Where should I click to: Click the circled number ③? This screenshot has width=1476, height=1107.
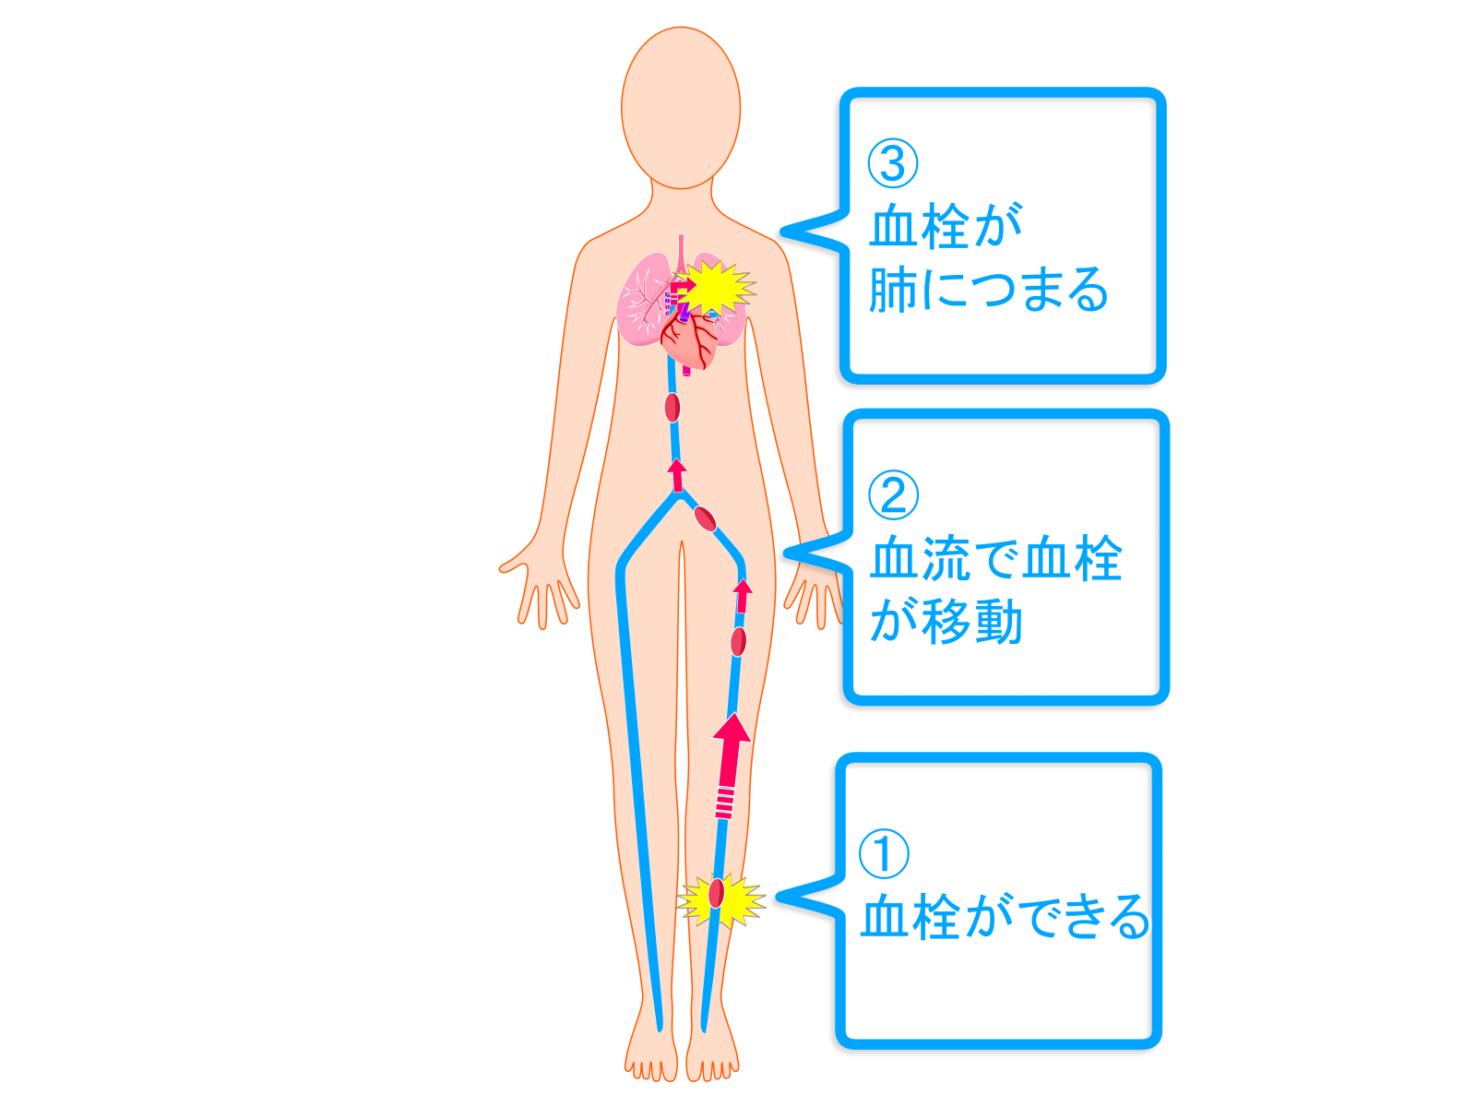(892, 163)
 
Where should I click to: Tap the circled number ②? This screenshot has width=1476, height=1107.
(893, 494)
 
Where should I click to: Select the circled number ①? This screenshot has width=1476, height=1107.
(884, 853)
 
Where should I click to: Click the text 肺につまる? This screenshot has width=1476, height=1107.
(988, 289)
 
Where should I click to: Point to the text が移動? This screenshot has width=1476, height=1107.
(946, 622)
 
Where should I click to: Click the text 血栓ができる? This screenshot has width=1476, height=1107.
(1005, 916)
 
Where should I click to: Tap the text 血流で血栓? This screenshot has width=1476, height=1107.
(996, 558)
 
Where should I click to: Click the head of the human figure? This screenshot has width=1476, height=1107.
(681, 108)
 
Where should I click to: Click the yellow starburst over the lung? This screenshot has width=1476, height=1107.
(715, 288)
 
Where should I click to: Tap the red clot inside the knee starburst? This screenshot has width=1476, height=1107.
(716, 893)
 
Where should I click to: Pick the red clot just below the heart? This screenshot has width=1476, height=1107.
(672, 408)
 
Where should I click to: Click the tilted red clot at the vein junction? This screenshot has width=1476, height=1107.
(705, 518)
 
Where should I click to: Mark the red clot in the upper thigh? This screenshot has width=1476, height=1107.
(738, 641)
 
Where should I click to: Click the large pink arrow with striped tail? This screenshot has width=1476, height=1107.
(729, 766)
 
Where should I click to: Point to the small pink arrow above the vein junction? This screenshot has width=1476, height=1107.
(677, 475)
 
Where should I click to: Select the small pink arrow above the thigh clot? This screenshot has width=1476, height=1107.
(743, 596)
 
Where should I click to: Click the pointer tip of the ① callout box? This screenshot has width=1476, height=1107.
(778, 897)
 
